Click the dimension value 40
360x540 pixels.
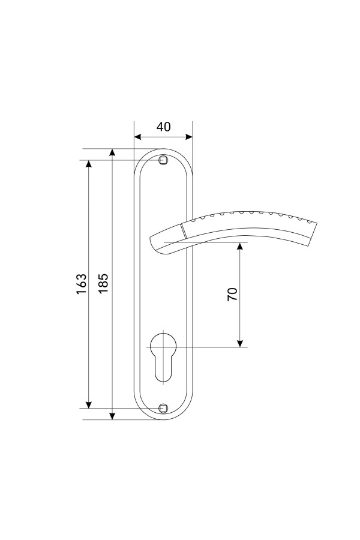pyautogui.click(x=163, y=127)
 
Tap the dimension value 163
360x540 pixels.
pyautogui.click(x=82, y=284)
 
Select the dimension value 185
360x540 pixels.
pyautogui.click(x=103, y=283)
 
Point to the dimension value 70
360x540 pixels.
pyautogui.click(x=233, y=294)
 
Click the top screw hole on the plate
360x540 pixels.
pyautogui.click(x=163, y=160)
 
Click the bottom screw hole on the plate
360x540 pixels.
pyautogui.click(x=163, y=408)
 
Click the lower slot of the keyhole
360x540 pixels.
pyautogui.click(x=163, y=368)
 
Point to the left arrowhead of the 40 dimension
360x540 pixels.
pyautogui.click(x=137, y=137)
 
